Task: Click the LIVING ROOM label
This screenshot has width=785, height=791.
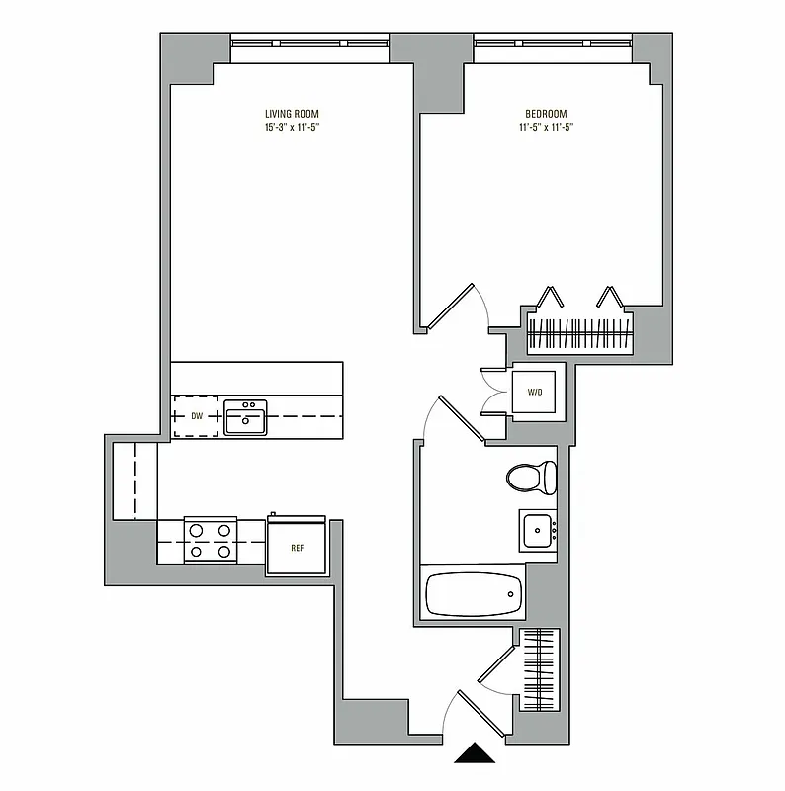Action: [292, 114]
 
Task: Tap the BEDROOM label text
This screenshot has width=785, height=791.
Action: [546, 114]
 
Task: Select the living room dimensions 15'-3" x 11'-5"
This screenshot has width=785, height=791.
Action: [292, 128]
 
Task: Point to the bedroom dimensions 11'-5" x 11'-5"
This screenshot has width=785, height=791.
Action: [546, 128]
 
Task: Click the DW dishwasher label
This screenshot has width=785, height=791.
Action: [197, 417]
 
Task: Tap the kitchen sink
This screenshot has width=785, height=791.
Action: [245, 417]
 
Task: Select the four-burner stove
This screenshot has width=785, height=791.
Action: [211, 542]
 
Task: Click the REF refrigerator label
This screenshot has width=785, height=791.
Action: [296, 547]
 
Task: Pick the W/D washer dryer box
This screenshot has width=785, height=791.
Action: [535, 393]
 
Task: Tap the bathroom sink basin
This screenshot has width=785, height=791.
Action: [539, 530]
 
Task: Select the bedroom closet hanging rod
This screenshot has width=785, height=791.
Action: [579, 334]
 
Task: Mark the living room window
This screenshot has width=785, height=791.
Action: [310, 43]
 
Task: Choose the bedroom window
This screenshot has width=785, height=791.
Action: [553, 43]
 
